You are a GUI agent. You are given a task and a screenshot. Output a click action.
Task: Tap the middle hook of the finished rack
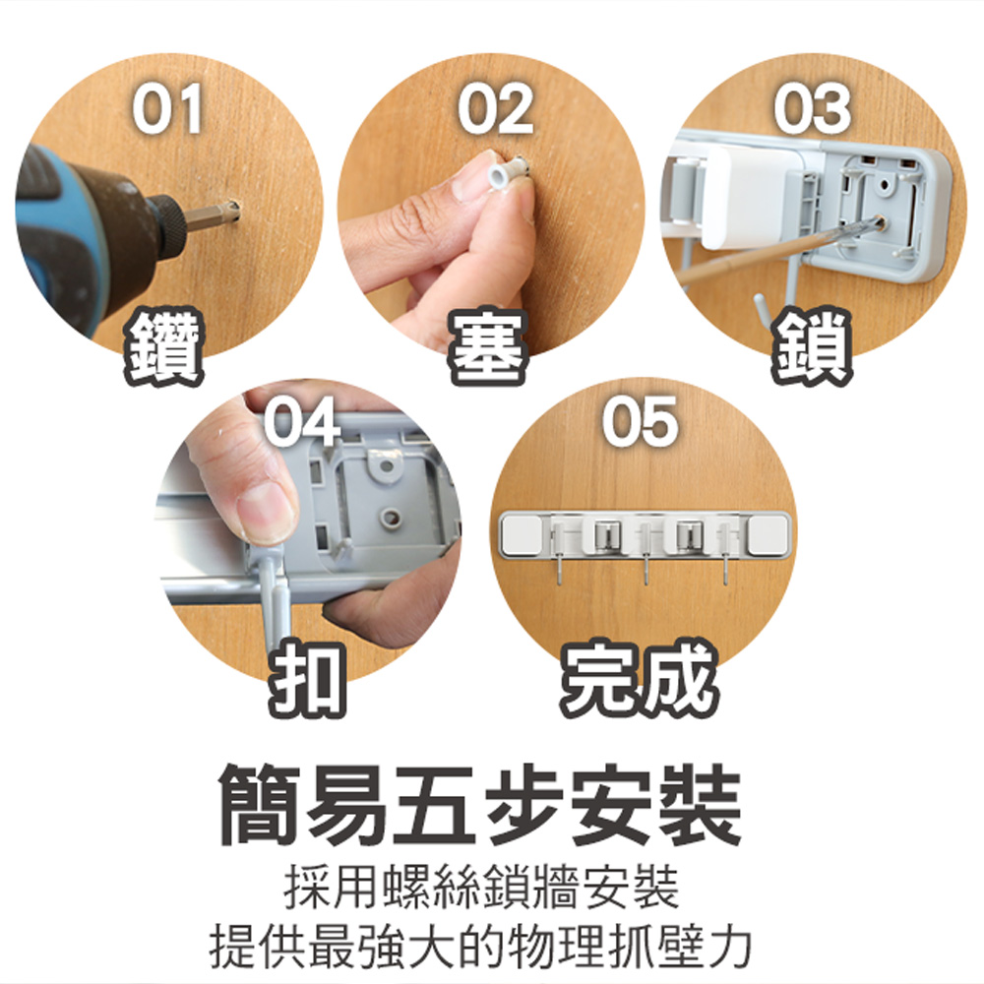(645, 571)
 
